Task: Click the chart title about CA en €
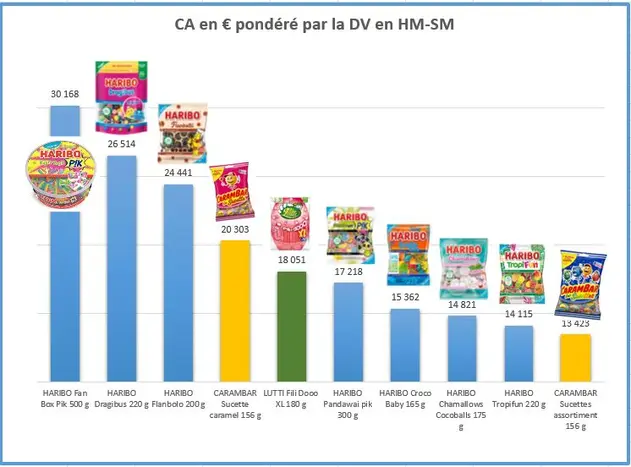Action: coord(315,24)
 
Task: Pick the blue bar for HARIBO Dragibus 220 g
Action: coord(121,270)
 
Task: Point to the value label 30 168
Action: coord(65,94)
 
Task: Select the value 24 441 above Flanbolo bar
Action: coord(178,172)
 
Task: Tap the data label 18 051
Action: coord(291,259)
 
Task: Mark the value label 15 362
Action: coord(405,297)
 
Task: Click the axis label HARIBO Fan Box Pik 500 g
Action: coord(65,398)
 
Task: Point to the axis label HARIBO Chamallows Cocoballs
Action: coord(462,404)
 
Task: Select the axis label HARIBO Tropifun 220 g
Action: coord(518,398)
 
